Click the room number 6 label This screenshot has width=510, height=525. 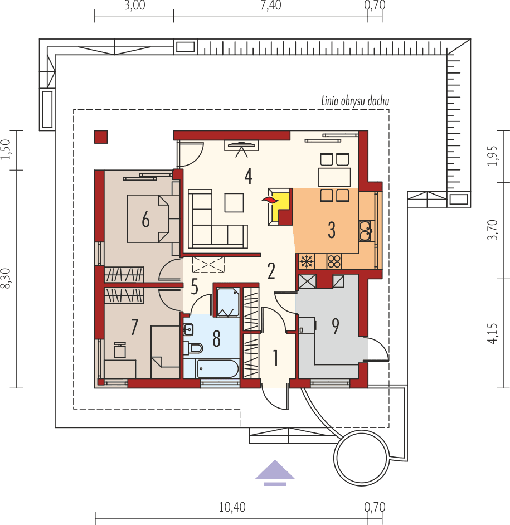145,220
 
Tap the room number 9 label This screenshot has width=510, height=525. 335,327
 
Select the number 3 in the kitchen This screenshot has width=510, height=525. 332,230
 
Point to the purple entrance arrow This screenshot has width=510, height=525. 275,471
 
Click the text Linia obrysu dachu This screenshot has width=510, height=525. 354,101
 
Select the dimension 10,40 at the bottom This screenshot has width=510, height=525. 232,507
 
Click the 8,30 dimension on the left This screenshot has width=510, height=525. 6,279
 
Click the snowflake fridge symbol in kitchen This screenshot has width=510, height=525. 305,261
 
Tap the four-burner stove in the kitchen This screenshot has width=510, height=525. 334,261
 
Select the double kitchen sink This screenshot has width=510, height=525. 366,231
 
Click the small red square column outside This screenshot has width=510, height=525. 101,136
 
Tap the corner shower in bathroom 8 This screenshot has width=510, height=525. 227,303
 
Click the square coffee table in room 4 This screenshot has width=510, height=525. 234,202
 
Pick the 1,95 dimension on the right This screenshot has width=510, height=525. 492,157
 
